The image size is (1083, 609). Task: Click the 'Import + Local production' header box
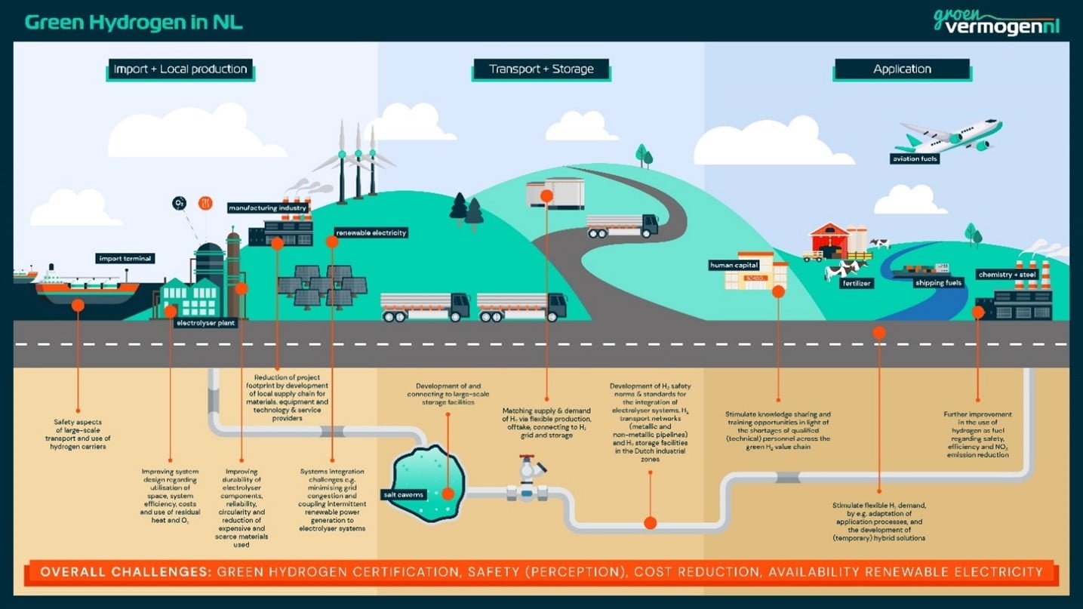(180, 69)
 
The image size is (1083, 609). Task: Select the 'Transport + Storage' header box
(541, 69)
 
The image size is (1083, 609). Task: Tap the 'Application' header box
(902, 69)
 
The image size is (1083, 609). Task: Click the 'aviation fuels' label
(915, 159)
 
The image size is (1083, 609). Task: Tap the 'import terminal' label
(125, 259)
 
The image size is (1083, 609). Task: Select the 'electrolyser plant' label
(205, 323)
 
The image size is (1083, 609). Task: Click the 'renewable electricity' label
(371, 232)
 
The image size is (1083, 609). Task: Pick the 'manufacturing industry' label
(268, 207)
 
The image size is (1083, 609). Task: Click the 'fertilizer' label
(856, 284)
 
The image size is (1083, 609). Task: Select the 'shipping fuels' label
(938, 283)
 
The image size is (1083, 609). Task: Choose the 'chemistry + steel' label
(1008, 274)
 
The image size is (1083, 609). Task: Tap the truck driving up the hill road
(623, 225)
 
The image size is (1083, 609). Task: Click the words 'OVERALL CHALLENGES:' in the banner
(125, 572)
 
